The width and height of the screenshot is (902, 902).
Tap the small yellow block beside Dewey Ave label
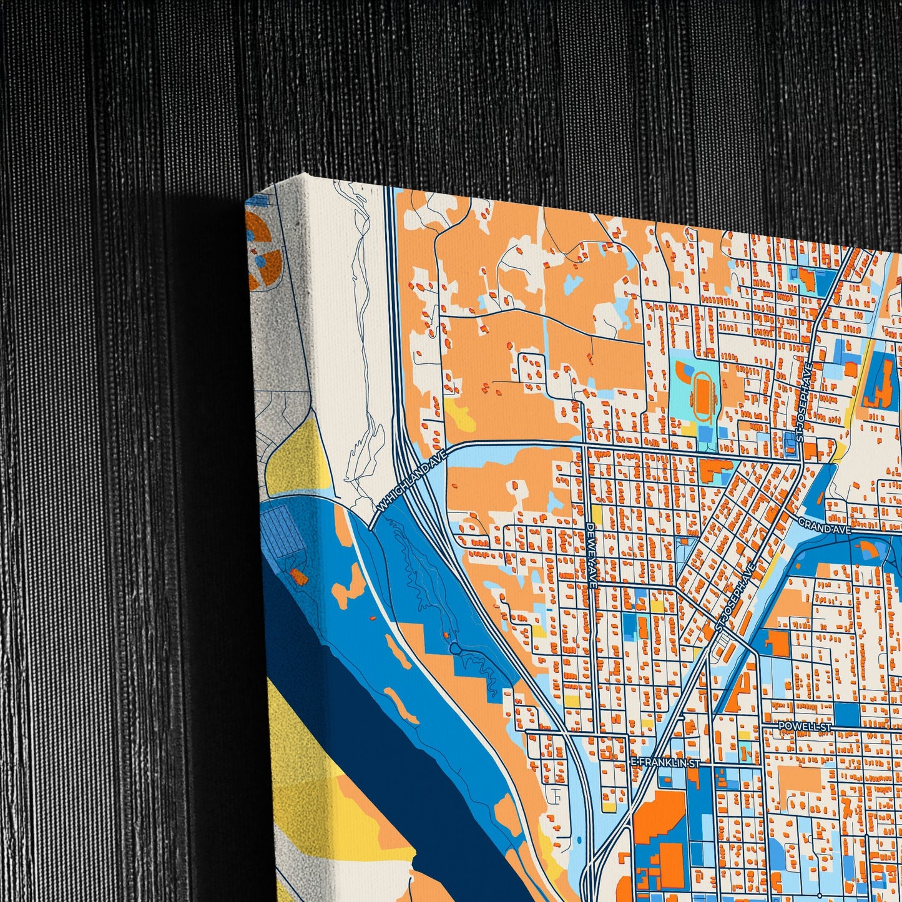point(597,514)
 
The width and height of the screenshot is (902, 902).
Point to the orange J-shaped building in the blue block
point(880,390)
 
